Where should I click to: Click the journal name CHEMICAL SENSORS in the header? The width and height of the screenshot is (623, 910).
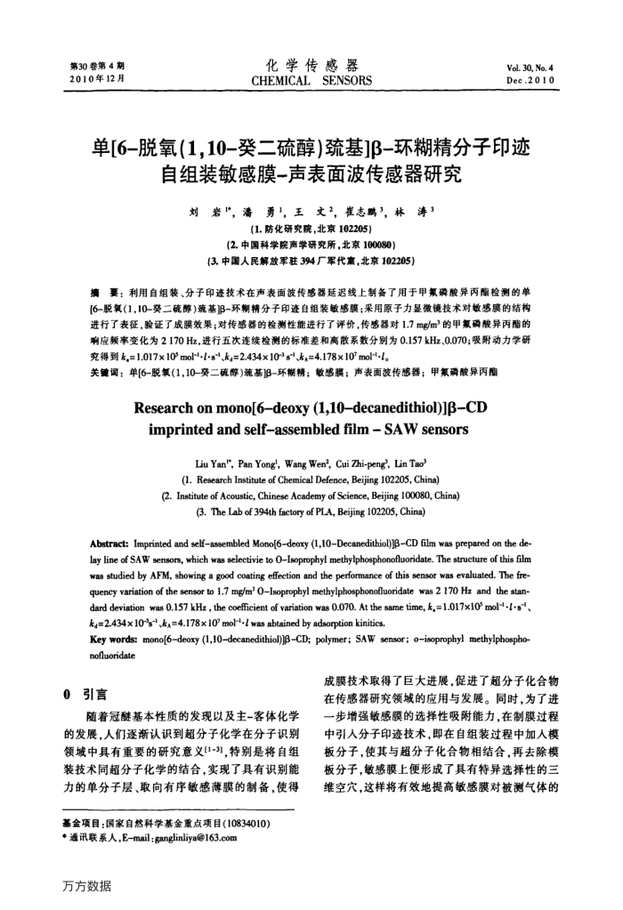click(x=311, y=80)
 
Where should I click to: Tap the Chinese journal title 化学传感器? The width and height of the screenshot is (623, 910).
click(x=311, y=65)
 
